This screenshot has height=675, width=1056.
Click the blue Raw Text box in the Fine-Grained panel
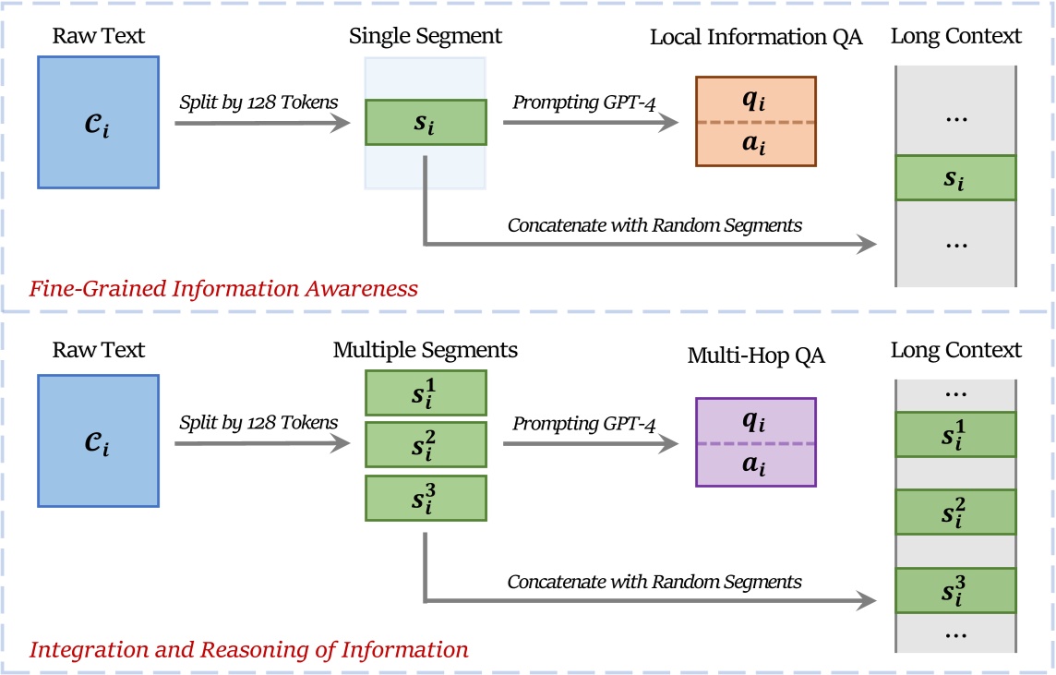tap(99, 121)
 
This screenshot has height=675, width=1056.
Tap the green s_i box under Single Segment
tap(426, 122)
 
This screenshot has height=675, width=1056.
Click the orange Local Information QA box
tap(755, 121)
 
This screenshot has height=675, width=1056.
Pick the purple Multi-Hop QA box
tap(755, 442)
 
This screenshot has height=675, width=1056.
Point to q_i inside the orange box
tap(755, 100)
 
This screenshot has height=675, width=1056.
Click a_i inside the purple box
tap(755, 464)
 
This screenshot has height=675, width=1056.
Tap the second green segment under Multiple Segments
tap(426, 444)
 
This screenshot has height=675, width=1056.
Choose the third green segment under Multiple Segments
tap(426, 498)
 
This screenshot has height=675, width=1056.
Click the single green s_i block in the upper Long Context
tap(955, 177)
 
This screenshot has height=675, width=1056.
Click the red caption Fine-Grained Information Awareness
tap(223, 289)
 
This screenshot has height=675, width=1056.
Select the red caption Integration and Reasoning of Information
tap(249, 649)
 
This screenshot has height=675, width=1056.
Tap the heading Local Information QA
tap(755, 38)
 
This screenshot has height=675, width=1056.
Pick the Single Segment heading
tap(426, 37)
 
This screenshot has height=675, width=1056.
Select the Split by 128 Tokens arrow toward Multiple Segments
tap(261, 443)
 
